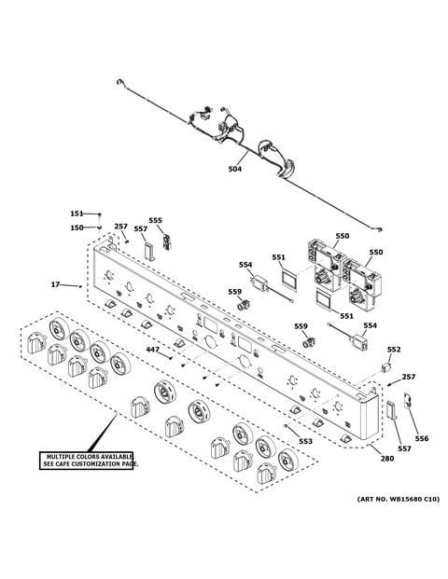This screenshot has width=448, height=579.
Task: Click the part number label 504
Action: point(234,169)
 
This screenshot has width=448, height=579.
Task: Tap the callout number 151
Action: point(77,214)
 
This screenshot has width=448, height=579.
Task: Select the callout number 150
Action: point(77,227)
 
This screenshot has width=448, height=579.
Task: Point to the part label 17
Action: point(55,284)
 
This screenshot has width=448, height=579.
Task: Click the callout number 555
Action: point(155,220)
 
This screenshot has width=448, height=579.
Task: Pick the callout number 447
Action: point(153,350)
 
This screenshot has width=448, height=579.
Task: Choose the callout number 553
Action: point(305,441)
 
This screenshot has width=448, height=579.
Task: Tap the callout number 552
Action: point(394,350)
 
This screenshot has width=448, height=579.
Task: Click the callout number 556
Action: point(422,438)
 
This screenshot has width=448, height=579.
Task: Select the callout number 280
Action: point(387,458)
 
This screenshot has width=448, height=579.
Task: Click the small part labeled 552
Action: point(385,367)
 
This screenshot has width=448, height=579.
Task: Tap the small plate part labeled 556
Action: point(408,401)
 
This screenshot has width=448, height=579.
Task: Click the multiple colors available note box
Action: point(86,461)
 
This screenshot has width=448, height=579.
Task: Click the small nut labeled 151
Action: point(99,214)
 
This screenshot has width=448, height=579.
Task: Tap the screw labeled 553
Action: point(286,426)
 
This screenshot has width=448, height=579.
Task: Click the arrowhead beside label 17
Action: point(80,286)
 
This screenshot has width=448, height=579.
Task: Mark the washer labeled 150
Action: point(99,227)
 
